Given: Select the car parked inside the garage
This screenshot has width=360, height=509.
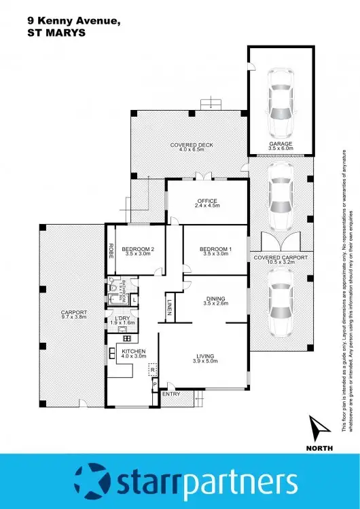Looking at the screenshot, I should click(x=281, y=102).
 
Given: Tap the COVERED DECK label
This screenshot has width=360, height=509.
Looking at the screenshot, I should click(x=187, y=145).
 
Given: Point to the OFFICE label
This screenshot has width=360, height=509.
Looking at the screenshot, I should click(x=206, y=201).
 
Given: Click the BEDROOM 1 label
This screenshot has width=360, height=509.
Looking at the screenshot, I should click(x=216, y=249).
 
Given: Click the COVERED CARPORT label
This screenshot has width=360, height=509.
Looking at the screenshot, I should click(x=281, y=258).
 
